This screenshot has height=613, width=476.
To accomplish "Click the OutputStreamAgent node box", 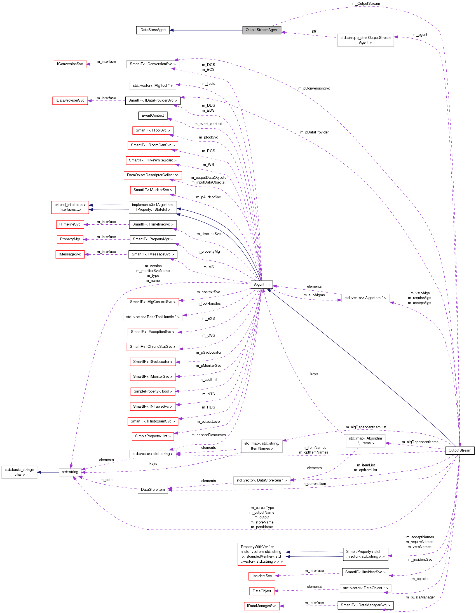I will pos(262,30).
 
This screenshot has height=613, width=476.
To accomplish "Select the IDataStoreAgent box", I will pos(153,30).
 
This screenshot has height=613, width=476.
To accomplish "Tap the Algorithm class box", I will pos(262,284).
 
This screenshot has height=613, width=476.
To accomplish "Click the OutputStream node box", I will pos(459,450).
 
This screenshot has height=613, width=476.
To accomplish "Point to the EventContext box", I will pos(153,115).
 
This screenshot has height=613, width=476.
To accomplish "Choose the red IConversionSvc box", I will pos(70,64).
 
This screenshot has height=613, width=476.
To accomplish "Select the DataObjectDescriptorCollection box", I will pos(153,175).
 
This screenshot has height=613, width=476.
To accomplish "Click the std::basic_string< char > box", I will pos(19,472).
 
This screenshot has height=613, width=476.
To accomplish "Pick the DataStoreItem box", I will pos(153,490).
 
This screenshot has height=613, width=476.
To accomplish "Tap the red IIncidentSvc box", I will pos(262,576).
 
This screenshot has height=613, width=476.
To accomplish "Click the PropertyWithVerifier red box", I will pos(262,554).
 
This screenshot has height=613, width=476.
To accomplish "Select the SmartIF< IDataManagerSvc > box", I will pos(365,605).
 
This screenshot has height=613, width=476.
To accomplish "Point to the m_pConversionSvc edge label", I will pos(314,88).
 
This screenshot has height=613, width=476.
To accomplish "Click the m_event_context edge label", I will pos(208,124).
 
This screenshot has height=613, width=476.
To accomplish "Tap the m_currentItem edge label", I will pos(314,484).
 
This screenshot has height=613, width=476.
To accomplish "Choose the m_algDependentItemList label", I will pos(366,427).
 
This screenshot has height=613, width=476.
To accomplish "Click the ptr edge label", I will pos(314,31).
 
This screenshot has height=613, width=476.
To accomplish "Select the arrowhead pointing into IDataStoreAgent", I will pos(172,30).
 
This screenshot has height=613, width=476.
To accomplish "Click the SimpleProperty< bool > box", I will pos(153,391).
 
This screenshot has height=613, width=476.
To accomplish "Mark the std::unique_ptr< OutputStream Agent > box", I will pos(365,40).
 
